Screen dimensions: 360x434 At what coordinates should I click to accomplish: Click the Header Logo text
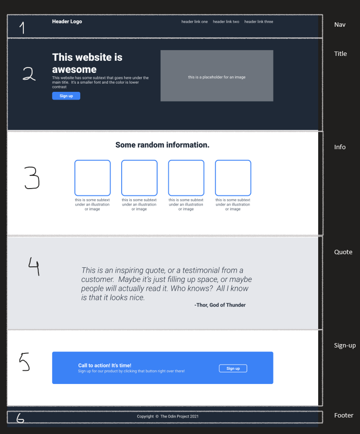67,21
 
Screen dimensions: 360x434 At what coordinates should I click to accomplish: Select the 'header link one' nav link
195,21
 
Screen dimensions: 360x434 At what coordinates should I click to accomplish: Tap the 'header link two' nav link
226,21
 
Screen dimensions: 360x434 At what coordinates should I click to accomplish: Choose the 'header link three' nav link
259,21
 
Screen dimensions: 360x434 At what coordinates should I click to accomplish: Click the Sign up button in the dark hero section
66,96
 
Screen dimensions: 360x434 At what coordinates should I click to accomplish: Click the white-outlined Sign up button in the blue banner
233,368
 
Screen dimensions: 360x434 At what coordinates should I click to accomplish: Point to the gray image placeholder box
216,75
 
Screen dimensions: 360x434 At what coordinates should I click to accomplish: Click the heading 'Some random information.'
162,145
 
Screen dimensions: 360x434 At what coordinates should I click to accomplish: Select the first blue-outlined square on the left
92,160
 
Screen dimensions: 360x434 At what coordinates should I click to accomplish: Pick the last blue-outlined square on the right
233,160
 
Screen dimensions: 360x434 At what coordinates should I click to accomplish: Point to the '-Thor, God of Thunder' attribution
220,305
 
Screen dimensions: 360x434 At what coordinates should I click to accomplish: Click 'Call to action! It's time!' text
105,365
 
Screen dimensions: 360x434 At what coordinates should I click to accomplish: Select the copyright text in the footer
168,417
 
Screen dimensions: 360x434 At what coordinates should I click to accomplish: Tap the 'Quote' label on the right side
343,252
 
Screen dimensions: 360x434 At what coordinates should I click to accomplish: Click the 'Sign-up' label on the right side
345,346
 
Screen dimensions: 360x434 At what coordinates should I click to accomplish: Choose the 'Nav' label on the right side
340,25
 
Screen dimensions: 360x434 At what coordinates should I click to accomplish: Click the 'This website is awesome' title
87,63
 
